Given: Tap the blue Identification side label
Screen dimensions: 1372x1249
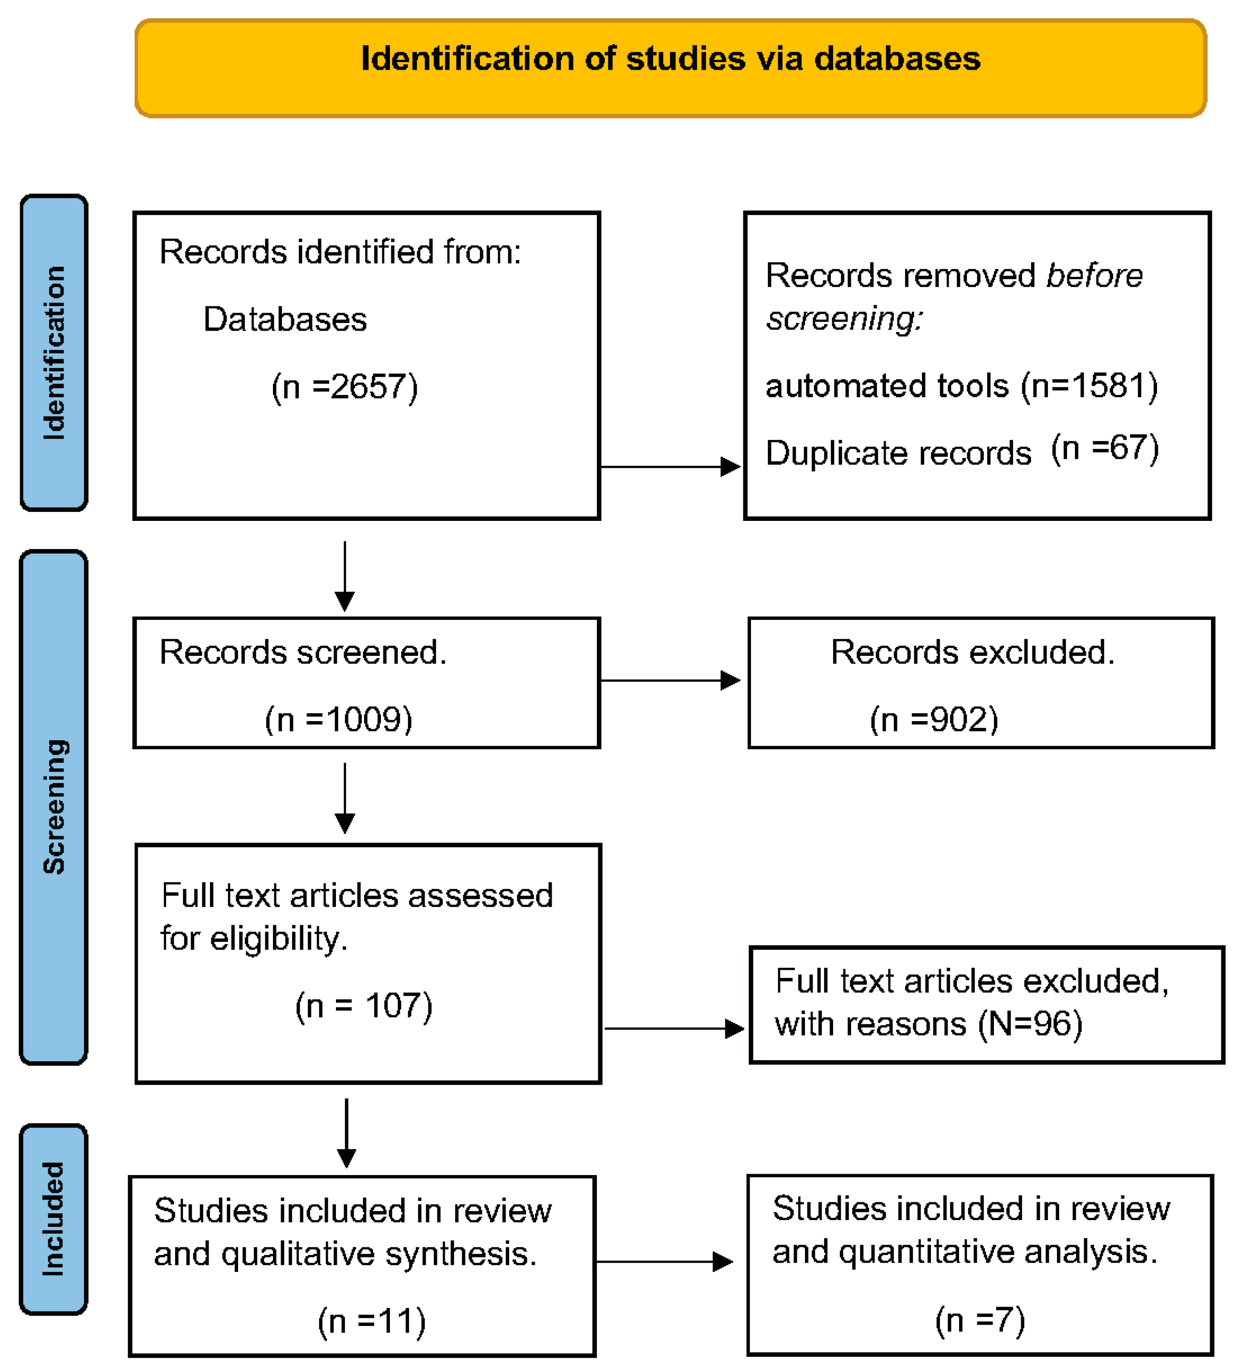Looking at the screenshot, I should coord(54,352).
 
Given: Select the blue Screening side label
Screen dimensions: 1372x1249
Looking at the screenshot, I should coord(54,806).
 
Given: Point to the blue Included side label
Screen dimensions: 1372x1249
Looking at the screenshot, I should coord(54,1218).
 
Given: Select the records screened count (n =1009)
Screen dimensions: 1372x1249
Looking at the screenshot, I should coord(338,719).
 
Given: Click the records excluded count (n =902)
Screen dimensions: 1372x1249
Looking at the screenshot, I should coord(934,719).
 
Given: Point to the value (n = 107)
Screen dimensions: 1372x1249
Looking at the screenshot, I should coord(364,1005).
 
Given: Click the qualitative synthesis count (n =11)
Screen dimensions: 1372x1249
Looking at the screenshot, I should coord(372,1321).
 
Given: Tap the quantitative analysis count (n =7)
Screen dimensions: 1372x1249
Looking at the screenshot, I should coord(980,1320).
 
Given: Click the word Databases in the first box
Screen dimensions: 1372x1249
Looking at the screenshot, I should coord(285,319).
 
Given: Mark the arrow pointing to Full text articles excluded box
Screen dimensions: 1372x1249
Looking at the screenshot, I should coord(674,1028).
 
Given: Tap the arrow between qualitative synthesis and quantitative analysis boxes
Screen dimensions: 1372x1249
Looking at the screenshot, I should coord(664,1262).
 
